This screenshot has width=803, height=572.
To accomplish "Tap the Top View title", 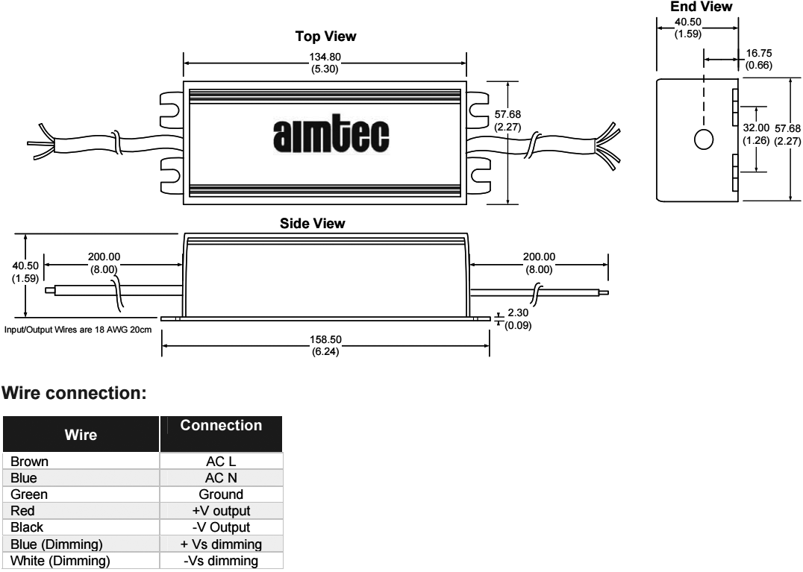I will coord(325,37).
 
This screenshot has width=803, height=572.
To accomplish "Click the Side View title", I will coord(312,223).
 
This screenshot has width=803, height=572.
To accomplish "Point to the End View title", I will coord(702,7).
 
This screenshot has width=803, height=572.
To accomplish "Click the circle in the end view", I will coord(703,139).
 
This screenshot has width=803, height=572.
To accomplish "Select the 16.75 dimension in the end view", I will coord(758,53).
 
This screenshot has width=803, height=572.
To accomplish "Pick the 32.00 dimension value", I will coord(757,128).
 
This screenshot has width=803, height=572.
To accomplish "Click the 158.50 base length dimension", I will coord(325,340).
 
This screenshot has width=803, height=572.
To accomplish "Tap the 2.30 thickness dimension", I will coord(518,313).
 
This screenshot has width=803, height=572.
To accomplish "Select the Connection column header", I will coord(221,426).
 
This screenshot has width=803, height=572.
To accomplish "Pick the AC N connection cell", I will coord(221,478).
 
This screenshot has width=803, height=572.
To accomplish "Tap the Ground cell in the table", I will coord(221,494).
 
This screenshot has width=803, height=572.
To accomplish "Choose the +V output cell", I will coord(221,511).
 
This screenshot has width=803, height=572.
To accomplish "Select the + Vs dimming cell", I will coord(221,544).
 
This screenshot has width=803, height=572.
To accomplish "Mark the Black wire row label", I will coord(27,527).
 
